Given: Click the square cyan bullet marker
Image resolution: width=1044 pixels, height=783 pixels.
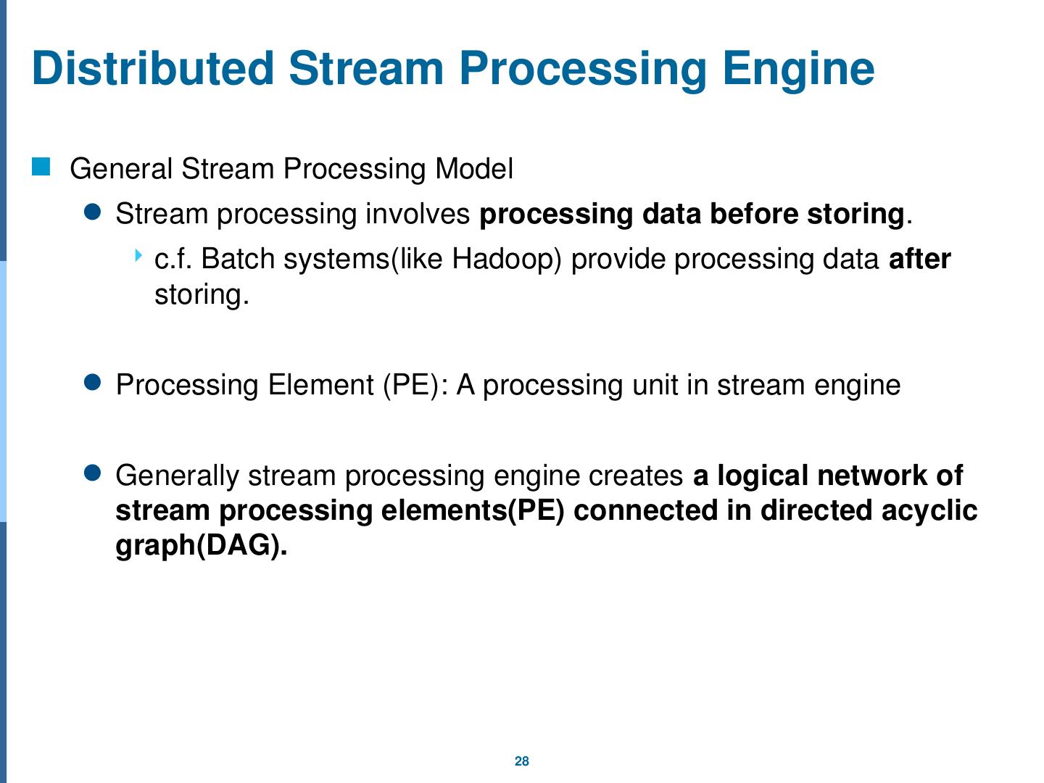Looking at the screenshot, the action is point(41,167).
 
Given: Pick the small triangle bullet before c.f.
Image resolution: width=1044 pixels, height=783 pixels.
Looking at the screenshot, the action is point(138,255).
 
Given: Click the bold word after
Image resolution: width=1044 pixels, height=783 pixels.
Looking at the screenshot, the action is point(919,259).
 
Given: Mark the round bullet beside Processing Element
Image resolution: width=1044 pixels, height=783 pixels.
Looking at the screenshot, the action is point(92,382).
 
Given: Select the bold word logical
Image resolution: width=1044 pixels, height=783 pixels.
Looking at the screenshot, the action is point(763,476).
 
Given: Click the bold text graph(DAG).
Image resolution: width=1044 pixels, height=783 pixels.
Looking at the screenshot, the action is point(202,546).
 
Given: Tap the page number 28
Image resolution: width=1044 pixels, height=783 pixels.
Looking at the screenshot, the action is point(522,761).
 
